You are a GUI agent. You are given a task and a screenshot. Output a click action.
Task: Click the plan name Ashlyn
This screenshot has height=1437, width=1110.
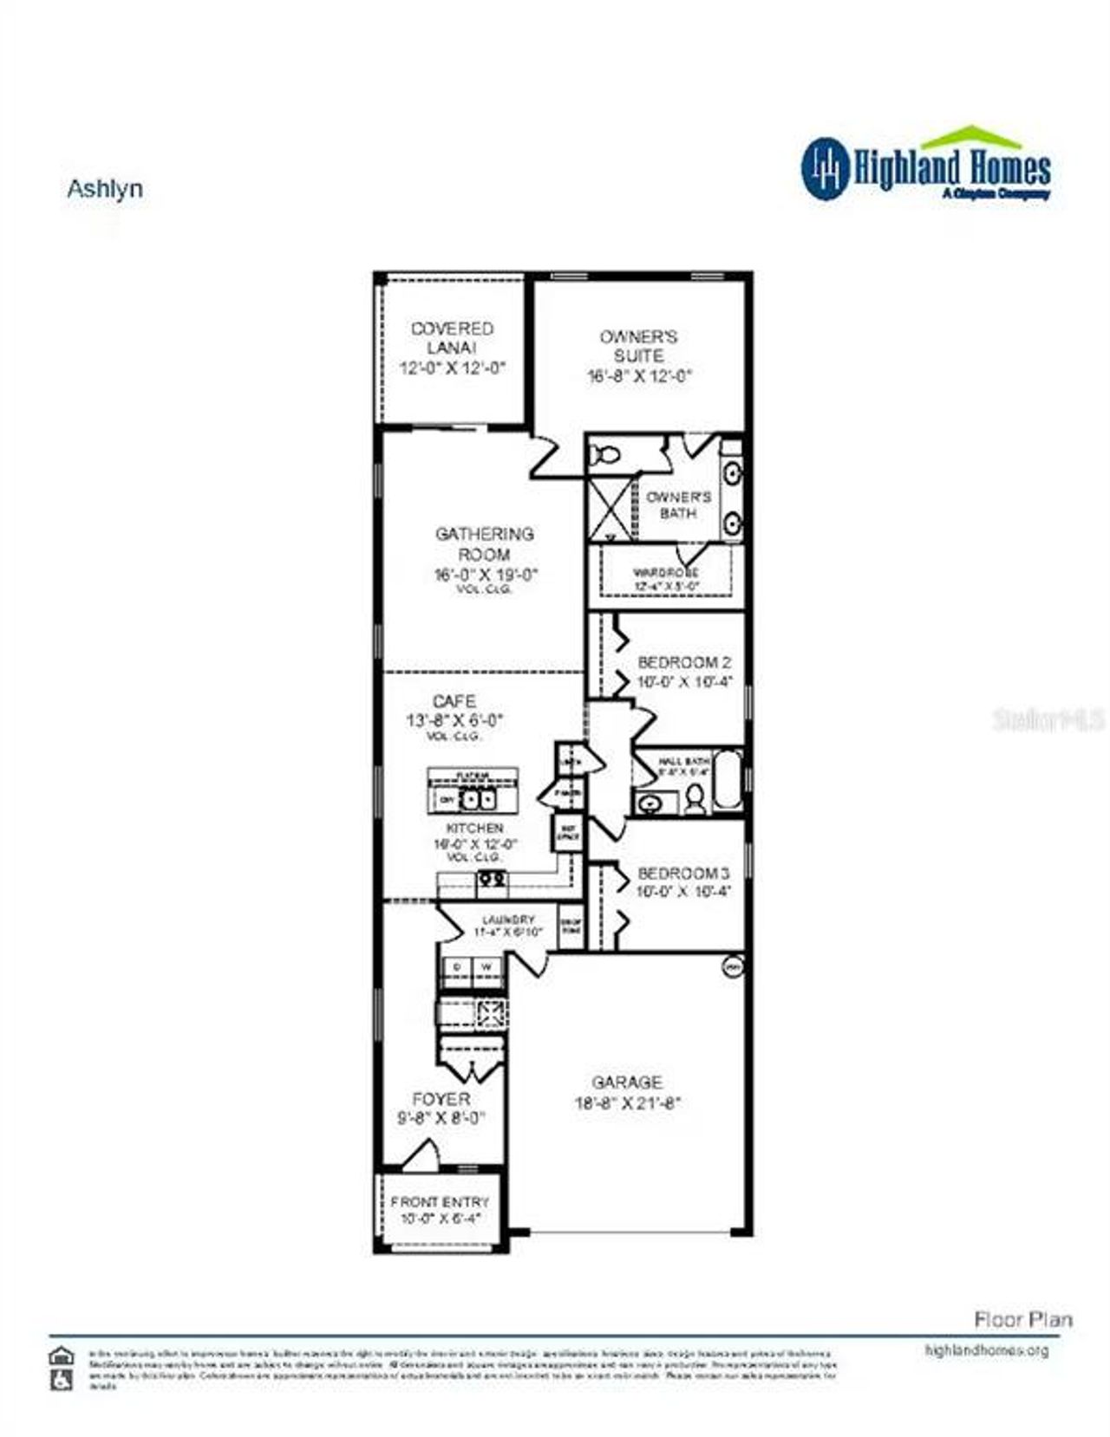point(105,189)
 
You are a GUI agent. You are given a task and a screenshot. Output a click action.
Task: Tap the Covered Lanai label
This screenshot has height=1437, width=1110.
point(452,338)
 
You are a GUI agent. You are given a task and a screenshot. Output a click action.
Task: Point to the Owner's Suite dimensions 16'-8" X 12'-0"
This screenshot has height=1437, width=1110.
point(640,376)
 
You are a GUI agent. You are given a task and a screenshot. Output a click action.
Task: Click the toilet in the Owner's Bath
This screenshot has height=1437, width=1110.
point(606,454)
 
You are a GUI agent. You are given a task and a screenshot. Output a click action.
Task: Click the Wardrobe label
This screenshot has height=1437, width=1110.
point(666,573)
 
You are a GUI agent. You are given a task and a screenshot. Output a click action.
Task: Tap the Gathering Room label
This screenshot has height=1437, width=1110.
point(484,544)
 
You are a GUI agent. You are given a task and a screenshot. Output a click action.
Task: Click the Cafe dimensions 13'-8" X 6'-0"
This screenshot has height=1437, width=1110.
point(454,720)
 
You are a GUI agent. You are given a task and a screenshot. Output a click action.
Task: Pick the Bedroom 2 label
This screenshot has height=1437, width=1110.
point(684,663)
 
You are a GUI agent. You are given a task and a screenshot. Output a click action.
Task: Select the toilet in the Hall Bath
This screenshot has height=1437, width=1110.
point(694,799)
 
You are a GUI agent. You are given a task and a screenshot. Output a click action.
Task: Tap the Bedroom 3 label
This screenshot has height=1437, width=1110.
point(683,873)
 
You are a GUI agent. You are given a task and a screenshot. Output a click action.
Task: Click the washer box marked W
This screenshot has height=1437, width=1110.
point(486,966)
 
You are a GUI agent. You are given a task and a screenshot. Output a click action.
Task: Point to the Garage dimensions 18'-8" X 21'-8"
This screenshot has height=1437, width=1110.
point(628,1103)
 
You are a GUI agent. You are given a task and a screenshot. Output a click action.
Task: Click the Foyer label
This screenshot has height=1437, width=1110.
point(441,1099)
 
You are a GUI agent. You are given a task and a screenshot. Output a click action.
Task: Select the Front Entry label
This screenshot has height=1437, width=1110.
point(440,1202)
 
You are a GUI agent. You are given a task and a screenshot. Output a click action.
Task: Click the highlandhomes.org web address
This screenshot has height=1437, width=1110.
point(987,1350)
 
